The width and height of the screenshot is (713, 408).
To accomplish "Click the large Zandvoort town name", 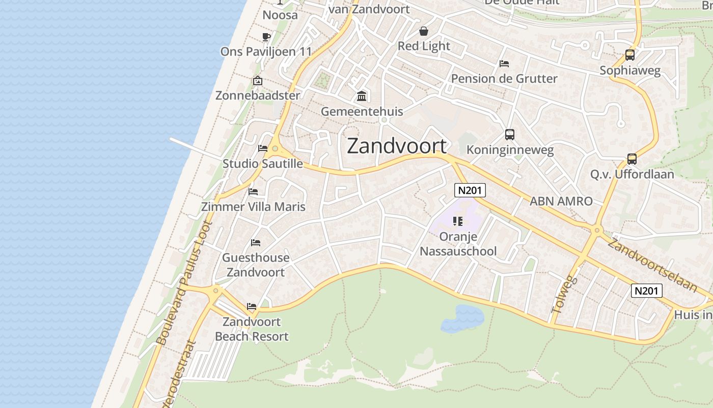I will [x=397, y=146].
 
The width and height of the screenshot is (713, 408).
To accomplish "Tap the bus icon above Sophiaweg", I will [x=629, y=55].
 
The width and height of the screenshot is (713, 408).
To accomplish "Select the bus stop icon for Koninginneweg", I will [x=509, y=135].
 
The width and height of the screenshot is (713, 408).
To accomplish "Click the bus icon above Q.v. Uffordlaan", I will [x=632, y=159].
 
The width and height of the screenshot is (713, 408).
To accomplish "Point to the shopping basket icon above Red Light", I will [x=424, y=31].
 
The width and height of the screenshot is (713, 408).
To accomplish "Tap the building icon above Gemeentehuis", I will [x=362, y=96].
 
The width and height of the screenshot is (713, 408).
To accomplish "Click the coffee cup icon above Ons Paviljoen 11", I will [x=266, y=37].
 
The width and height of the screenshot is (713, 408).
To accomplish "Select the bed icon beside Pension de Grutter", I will [x=504, y=64].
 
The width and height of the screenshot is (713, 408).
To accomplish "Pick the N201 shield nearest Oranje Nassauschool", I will [x=470, y=190].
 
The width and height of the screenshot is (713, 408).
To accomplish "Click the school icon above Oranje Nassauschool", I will [x=457, y=221].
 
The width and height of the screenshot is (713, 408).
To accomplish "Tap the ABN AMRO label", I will [x=561, y=201].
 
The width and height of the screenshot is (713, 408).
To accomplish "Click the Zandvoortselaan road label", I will [x=652, y=265].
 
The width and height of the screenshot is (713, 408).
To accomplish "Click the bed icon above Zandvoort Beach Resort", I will [x=252, y=307].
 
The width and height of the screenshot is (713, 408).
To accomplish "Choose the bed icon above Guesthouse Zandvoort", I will [x=256, y=243].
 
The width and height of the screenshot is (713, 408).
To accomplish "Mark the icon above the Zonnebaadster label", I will [x=258, y=81].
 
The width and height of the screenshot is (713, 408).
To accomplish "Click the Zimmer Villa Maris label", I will [x=253, y=207].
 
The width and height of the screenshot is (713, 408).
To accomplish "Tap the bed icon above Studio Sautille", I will [x=263, y=148].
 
